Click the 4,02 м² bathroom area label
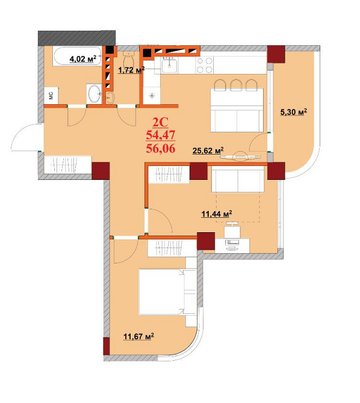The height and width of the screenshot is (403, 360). (83, 59)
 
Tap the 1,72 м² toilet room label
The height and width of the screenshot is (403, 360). (131, 70)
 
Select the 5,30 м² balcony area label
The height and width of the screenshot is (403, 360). (294, 112)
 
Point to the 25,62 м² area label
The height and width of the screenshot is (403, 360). (208, 150)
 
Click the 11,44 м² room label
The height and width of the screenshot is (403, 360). (217, 214)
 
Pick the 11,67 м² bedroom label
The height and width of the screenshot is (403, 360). (139, 336)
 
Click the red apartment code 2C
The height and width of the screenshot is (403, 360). (160, 122)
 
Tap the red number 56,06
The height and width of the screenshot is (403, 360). (161, 149)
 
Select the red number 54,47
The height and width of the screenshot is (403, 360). (161, 135)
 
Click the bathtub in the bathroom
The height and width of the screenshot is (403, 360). (77, 56)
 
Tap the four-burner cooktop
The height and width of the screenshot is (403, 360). (205, 65)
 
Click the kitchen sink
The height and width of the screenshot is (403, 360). (169, 64)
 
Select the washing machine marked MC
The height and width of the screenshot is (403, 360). (51, 96)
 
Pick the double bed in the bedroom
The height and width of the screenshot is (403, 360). (161, 292)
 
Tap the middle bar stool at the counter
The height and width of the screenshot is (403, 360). (236, 85)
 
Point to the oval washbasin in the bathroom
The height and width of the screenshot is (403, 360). (95, 94)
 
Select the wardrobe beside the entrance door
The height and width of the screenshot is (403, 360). (67, 165)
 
